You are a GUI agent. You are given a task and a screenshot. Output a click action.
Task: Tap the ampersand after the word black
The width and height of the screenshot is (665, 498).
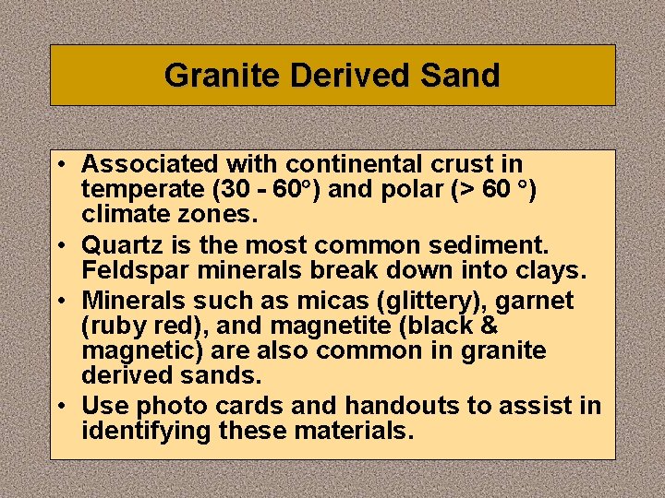point(490,326)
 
